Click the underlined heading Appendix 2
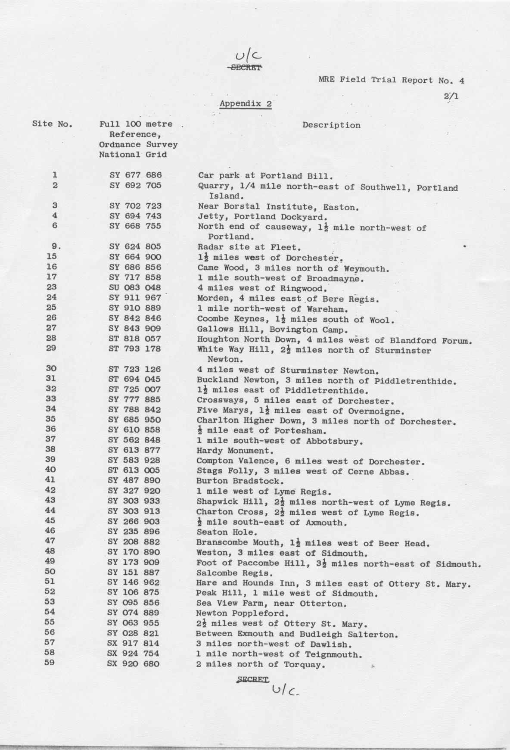246,104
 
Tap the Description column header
331,125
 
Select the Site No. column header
52,124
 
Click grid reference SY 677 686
135,175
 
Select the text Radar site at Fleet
249,247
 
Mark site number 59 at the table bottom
50,663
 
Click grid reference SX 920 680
133,664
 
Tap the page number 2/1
451,96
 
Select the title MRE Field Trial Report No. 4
391,80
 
